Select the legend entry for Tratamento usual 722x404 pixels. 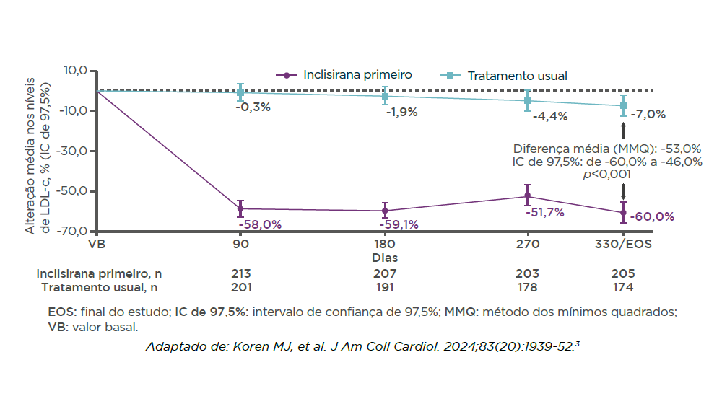click(506, 76)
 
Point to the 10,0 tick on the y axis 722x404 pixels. click(76, 71)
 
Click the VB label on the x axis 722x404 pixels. click(97, 245)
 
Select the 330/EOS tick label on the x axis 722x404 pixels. click(623, 245)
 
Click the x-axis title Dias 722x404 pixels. click(385, 258)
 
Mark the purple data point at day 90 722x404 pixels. click(240, 208)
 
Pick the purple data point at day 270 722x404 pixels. click(528, 196)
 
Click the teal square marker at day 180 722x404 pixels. click(385, 96)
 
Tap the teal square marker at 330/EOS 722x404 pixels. click(623, 105)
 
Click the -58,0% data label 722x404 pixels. click(260, 224)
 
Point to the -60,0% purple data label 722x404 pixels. click(652, 216)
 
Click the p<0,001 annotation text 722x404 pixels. click(607, 174)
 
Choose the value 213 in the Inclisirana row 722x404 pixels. click(240, 273)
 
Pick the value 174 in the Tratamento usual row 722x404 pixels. click(623, 287)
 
